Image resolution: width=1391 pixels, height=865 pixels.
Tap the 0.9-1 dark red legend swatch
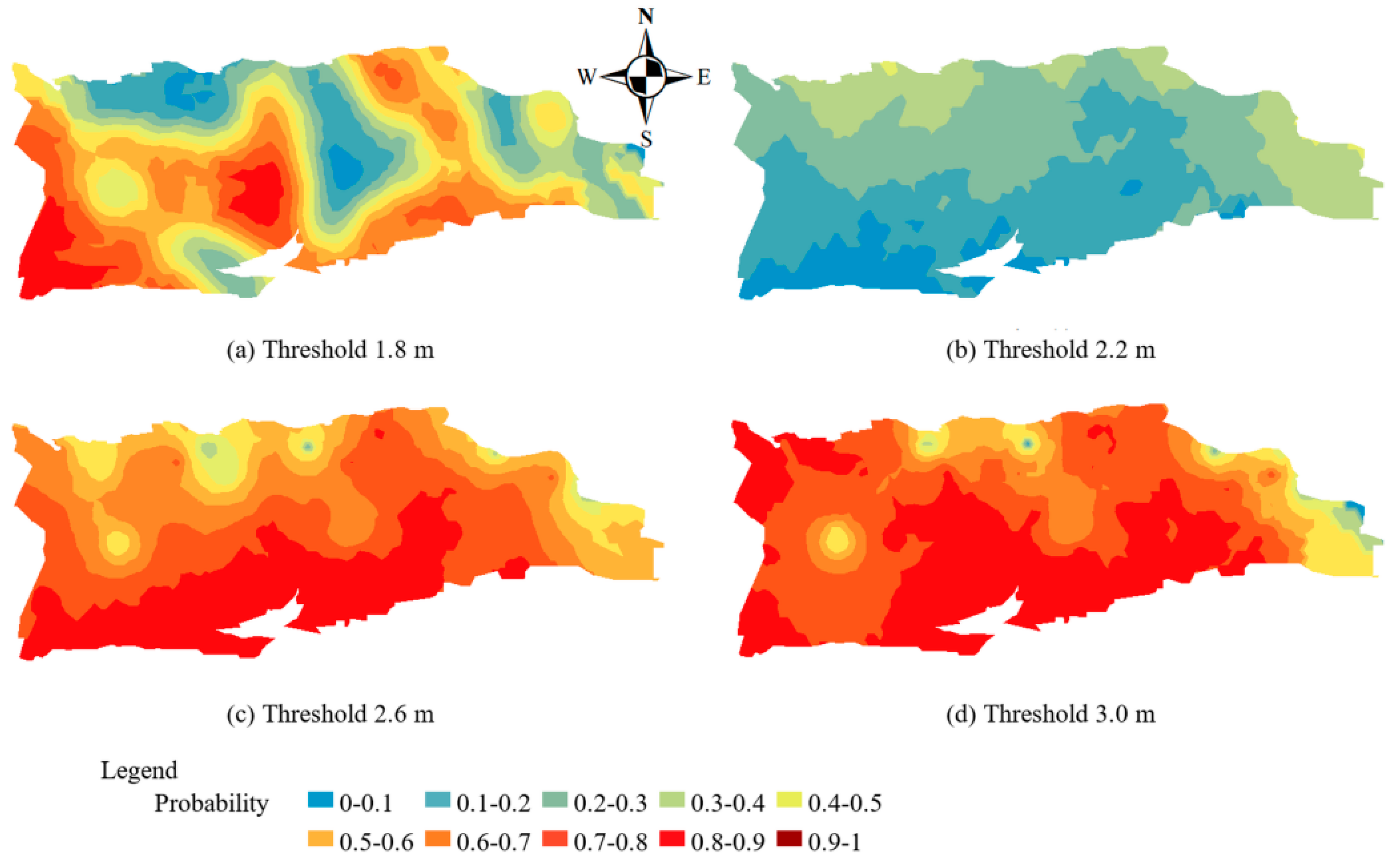click(789, 839)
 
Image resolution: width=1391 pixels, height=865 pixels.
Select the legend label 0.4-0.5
click(844, 803)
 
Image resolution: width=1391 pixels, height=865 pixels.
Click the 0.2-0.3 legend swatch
click(554, 799)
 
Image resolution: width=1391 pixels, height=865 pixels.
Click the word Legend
click(139, 771)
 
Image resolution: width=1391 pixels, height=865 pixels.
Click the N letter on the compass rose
click(645, 17)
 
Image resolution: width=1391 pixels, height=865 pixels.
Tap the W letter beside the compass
click(587, 76)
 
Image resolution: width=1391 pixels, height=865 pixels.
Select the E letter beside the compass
click(704, 77)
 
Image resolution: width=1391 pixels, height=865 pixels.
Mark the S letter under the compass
click(646, 139)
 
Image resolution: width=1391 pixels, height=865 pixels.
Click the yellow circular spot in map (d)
click(836, 540)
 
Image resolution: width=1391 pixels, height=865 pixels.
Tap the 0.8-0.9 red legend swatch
click(672, 839)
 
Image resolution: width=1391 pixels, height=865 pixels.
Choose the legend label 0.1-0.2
click(493, 803)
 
